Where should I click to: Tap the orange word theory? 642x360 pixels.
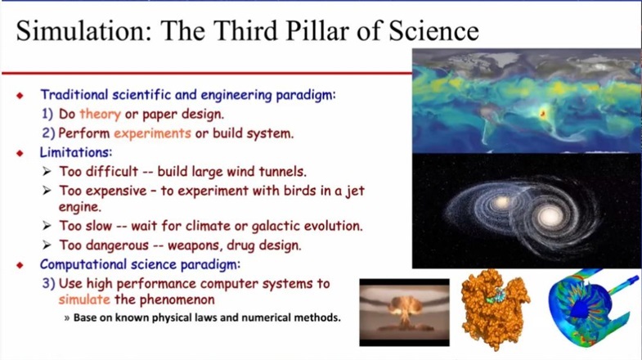click(101, 114)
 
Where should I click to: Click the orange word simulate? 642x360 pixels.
click(84, 299)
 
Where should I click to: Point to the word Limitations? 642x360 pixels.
click(76, 152)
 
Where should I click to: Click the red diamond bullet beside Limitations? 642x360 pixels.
click(20, 153)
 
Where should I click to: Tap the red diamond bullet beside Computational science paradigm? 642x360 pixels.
click(20, 265)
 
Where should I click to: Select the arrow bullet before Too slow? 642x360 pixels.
click(47, 226)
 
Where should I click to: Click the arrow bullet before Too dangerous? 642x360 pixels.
click(47, 245)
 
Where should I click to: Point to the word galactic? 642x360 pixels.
click(276, 227)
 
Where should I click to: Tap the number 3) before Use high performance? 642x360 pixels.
click(49, 283)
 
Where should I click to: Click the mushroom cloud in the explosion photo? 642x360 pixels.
click(405, 308)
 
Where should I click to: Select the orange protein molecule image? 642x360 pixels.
click(495, 309)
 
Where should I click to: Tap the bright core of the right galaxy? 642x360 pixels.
click(550, 215)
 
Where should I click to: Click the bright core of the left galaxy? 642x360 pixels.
click(501, 202)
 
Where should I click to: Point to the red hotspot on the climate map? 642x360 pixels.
click(543, 114)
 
